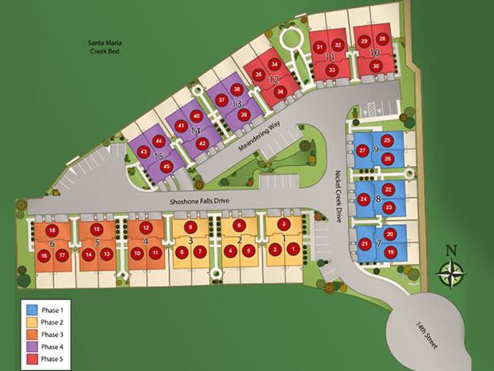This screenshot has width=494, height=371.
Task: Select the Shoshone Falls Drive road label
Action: click(x=198, y=201)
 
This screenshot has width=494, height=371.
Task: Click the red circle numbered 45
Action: click(x=167, y=166)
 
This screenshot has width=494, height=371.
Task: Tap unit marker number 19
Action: click(x=390, y=252)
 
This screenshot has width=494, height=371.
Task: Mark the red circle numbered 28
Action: click(x=383, y=39)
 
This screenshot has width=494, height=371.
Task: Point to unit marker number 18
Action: click(x=52, y=229)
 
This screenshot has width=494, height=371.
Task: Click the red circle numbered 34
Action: click(x=274, y=63)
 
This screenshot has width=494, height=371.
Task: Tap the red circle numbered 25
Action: click(x=387, y=141)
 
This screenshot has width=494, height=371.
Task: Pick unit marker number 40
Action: click(x=197, y=116)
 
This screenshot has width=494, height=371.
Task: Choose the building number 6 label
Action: click(x=52, y=242)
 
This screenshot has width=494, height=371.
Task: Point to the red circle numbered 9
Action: click(x=190, y=226)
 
